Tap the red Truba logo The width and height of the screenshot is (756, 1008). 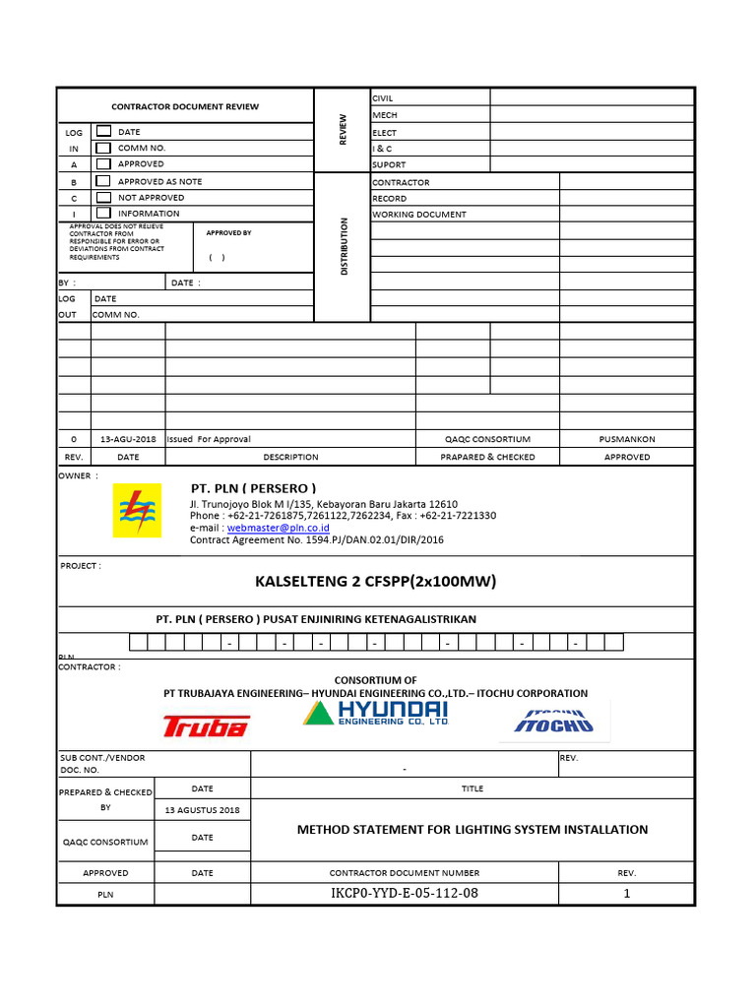tap(206, 726)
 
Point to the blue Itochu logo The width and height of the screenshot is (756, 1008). tap(554, 722)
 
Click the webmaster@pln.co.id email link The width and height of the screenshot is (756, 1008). tap(279, 529)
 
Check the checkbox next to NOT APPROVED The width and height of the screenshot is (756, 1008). tap(102, 197)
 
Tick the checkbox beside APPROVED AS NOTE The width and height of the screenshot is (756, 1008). tap(102, 181)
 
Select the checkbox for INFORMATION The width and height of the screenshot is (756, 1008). tap(102, 213)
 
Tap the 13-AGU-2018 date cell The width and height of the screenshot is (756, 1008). tap(128, 439)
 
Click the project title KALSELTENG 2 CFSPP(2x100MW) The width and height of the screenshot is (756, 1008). tap(376, 582)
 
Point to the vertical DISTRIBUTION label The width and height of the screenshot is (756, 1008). tap(344, 246)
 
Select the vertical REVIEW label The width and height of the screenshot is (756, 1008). tap(344, 130)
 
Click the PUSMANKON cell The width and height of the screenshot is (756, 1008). tap(627, 439)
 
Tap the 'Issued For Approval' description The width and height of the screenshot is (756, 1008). tap(209, 439)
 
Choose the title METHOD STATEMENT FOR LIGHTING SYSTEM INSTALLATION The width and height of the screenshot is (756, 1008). tap(472, 830)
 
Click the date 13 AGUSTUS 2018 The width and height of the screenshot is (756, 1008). tap(202, 810)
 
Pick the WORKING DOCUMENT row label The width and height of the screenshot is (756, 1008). tap(419, 215)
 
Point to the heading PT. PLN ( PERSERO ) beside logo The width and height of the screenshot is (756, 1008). tap(253, 488)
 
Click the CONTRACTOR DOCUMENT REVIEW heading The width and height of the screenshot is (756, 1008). tap(185, 106)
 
